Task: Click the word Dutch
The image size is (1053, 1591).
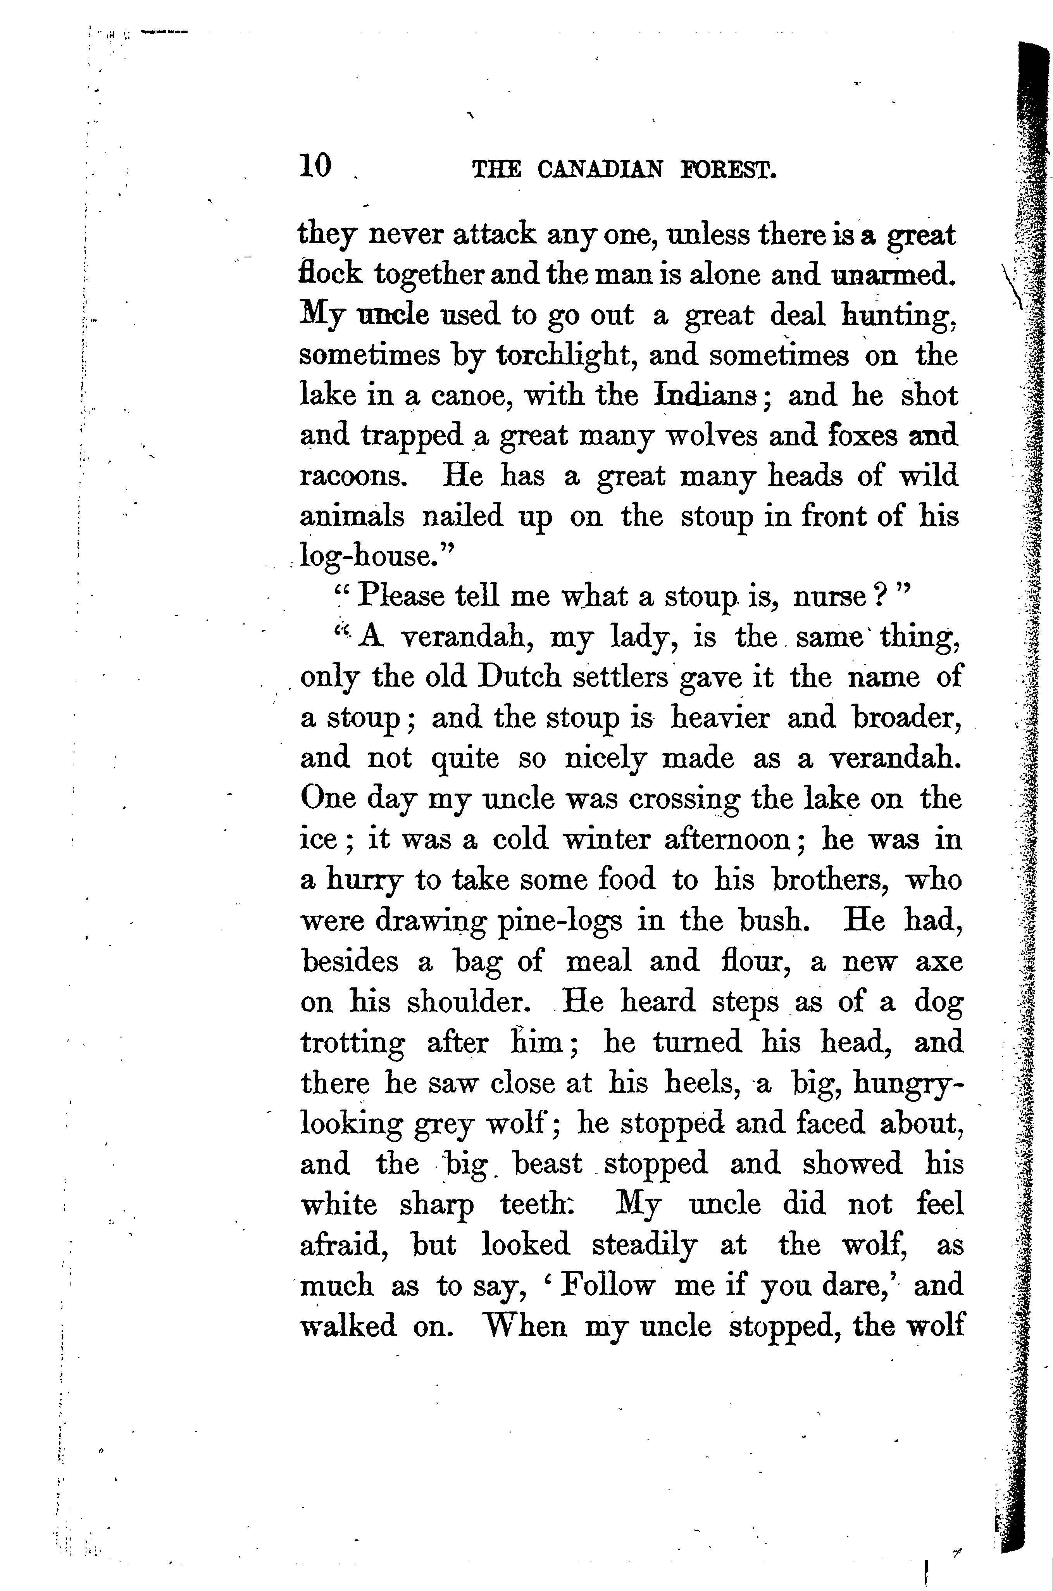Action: click(x=518, y=677)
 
